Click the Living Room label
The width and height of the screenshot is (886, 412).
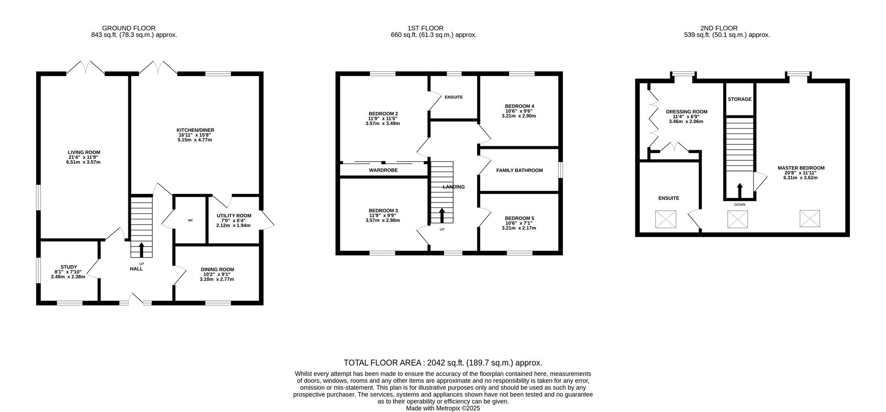point(84,152)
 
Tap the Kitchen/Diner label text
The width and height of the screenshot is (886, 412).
point(195,130)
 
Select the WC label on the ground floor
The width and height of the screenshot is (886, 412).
point(190,220)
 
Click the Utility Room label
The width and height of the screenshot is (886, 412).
point(234,216)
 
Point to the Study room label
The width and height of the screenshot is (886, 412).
point(69,267)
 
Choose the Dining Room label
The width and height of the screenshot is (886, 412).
point(217,270)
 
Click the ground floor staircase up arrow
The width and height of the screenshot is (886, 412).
point(141,250)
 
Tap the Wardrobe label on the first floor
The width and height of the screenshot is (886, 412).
point(383,170)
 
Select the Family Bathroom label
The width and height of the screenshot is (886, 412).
point(519,171)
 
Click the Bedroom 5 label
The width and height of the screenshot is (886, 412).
point(519,218)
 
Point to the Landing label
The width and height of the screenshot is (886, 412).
point(454,187)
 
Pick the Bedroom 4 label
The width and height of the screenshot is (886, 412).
point(519,106)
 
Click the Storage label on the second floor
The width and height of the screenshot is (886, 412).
point(739,99)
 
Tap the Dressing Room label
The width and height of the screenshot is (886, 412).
point(686,112)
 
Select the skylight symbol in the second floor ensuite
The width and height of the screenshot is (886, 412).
point(665,219)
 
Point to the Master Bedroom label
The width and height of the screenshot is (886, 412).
point(801,168)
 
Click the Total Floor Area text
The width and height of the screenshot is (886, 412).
point(443,363)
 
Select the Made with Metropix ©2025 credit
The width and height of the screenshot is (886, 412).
point(443,408)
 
